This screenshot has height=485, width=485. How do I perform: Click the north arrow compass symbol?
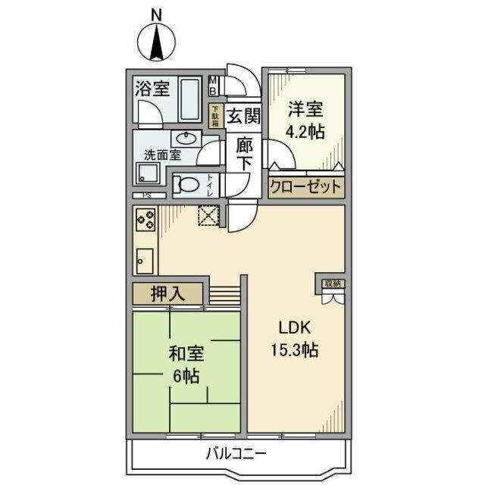157,44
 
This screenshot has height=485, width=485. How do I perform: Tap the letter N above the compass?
156,12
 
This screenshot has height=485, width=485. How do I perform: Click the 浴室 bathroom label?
152,89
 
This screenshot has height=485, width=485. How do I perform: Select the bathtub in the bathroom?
192,99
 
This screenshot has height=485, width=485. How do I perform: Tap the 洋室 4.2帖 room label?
304,120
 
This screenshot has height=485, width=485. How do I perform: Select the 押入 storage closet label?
167,294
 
